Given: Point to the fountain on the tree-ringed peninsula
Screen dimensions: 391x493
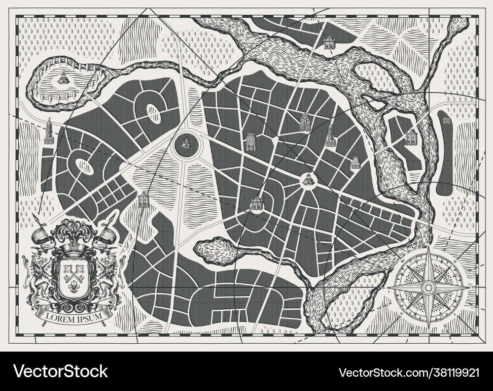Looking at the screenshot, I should pyautogui.click(x=63, y=77).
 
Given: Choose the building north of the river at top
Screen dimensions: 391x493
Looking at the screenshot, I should pyautogui.click(x=329, y=43).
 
